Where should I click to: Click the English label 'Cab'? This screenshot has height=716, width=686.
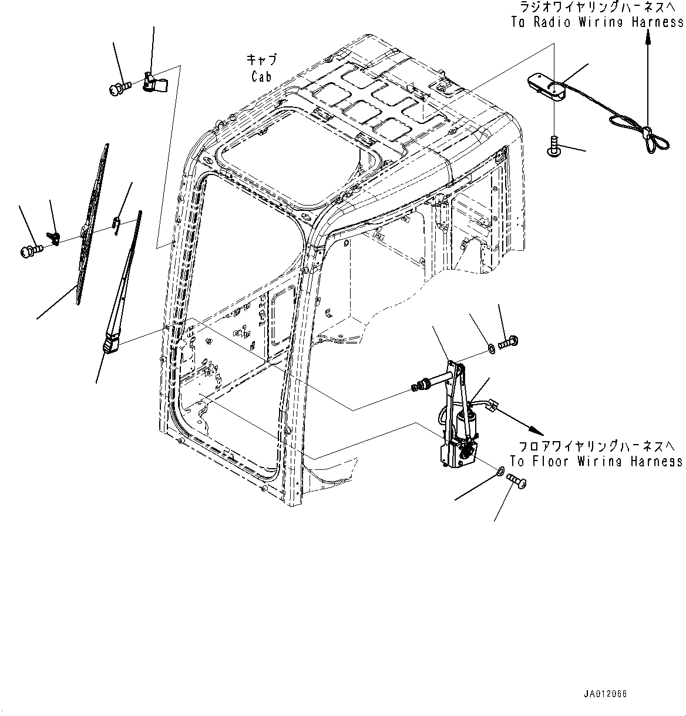262,77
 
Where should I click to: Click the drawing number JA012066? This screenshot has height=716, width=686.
604,694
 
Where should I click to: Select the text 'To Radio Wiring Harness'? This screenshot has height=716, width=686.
597,23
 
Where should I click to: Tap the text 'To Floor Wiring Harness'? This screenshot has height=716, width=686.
596,462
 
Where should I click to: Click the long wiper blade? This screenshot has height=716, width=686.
92,223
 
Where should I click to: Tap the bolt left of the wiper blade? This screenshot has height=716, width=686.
32,251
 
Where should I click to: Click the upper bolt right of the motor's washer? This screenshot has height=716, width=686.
507,342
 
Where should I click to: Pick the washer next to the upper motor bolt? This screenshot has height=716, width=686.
490,351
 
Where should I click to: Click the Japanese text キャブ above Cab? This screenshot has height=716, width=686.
262,60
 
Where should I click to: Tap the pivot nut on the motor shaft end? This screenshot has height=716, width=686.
421,386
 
